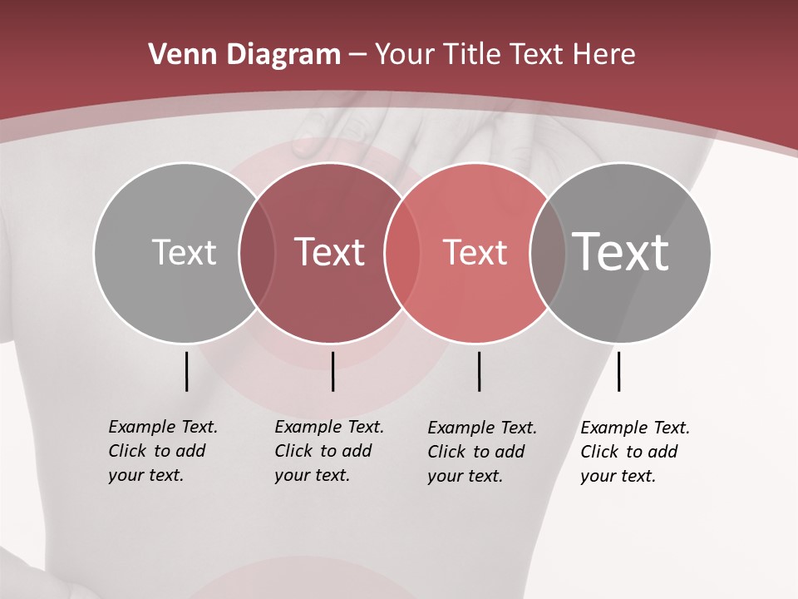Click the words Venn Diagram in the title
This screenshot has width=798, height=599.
pyautogui.click(x=244, y=55)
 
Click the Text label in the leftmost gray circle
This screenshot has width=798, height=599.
pyautogui.click(x=184, y=252)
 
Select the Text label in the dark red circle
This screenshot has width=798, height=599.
pyautogui.click(x=329, y=252)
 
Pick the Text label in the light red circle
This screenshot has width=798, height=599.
pyautogui.click(x=475, y=252)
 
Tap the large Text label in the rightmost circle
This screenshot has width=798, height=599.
pyautogui.click(x=621, y=251)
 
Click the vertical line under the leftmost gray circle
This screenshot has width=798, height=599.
pyautogui.click(x=186, y=371)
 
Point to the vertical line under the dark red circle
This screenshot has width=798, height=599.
pyautogui.click(x=332, y=371)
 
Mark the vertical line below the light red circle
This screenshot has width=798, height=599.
pyautogui.click(x=479, y=371)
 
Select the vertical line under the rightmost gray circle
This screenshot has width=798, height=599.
pyautogui.click(x=618, y=371)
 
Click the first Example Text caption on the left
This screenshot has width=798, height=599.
pyautogui.click(x=162, y=451)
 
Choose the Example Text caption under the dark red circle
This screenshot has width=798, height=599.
pyautogui.click(x=328, y=451)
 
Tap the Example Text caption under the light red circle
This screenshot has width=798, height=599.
pyautogui.click(x=481, y=452)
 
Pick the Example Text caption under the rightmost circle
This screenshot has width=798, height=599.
pyautogui.click(x=634, y=452)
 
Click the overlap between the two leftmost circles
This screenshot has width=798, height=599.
pyautogui.click(x=257, y=252)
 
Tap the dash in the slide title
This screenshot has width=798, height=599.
pyautogui.click(x=357, y=55)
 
